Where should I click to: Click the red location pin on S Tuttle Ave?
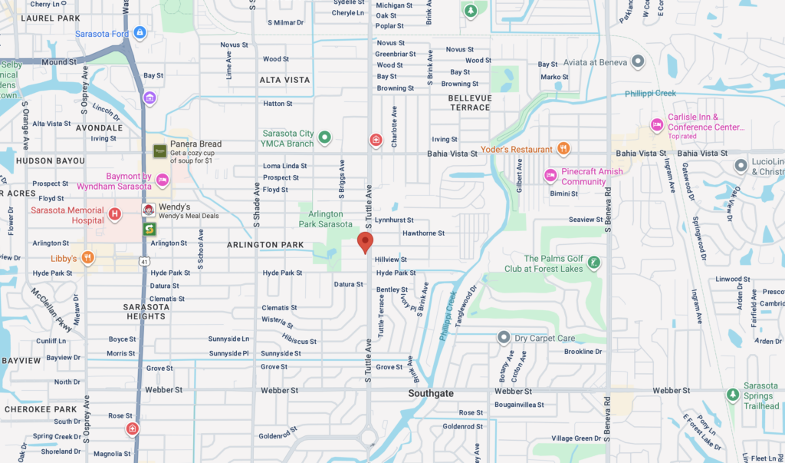[366, 242]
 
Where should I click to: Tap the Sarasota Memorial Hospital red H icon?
[115, 213]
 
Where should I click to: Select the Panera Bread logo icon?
[159, 151]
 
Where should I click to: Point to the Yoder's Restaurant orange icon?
[563, 149]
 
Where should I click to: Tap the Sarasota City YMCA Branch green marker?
[324, 137]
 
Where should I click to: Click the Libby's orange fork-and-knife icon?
[87, 257]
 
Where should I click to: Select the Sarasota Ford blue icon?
[140, 33]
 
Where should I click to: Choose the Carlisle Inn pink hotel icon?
[656, 124]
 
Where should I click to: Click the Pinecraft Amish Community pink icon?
[550, 176]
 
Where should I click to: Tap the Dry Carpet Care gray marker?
[503, 337]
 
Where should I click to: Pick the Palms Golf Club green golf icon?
[593, 263]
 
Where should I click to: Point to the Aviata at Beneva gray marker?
[637, 61]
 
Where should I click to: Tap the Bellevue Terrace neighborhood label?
[470, 103]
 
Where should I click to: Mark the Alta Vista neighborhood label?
[284, 80]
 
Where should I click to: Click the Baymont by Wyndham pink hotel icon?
[162, 180]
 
